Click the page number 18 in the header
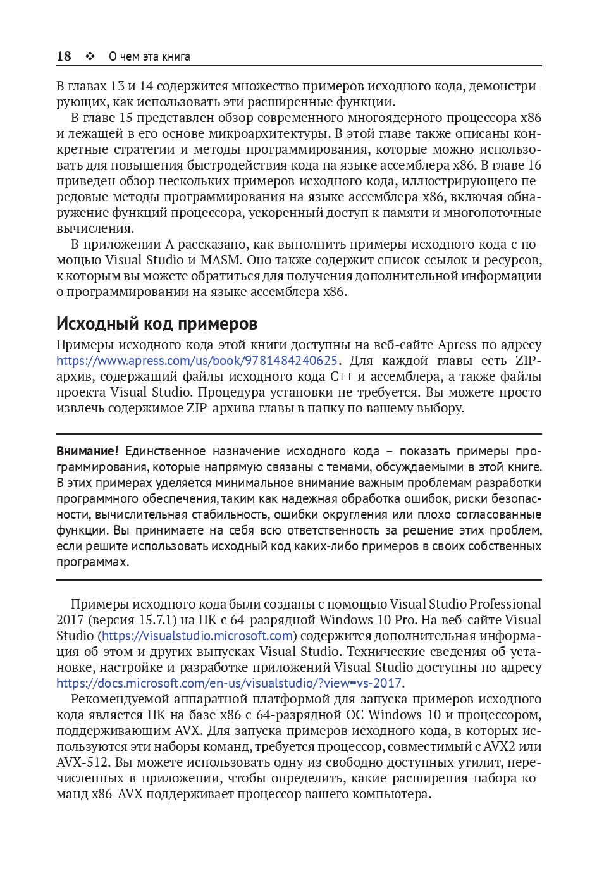click(64, 56)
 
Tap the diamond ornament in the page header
click(90, 56)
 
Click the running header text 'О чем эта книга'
click(149, 56)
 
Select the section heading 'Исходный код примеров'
click(157, 324)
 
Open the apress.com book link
click(197, 361)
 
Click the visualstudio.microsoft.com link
click(197, 636)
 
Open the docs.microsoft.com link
click(229, 683)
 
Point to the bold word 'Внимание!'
click(87, 451)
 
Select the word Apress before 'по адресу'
click(457, 345)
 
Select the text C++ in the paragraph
click(342, 376)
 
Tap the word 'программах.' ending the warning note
click(92, 562)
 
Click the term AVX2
click(499, 746)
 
